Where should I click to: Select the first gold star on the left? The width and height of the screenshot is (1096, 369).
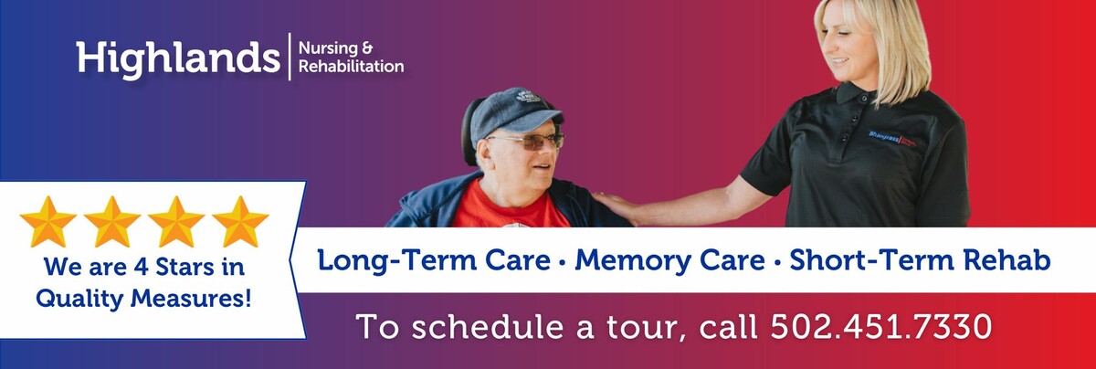click(47, 221)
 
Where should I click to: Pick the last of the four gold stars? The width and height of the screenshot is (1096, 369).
click(240, 221)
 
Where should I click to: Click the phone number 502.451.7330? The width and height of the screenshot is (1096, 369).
click(880, 326)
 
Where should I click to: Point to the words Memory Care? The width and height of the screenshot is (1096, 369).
click(670, 260)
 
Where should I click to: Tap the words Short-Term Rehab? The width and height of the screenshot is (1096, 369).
click(920, 260)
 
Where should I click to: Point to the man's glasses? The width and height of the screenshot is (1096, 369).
click(529, 141)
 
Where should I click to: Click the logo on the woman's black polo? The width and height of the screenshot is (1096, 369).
click(899, 137)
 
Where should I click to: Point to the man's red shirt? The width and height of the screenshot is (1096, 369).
click(498, 208)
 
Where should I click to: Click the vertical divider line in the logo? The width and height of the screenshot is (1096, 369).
click(290, 57)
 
